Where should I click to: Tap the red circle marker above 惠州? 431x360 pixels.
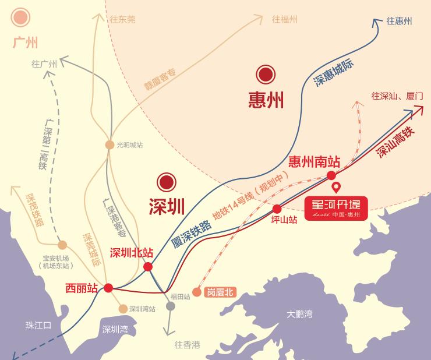point(266,75)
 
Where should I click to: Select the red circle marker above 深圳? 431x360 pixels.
point(167,182)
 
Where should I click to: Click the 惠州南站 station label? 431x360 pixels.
point(315,161)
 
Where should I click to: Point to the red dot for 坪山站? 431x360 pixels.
point(277,209)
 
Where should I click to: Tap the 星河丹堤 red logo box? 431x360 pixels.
point(336,208)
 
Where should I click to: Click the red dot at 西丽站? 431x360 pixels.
point(108,287)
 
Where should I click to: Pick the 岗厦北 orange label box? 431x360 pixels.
point(220,292)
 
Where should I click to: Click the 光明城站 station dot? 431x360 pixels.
point(109,144)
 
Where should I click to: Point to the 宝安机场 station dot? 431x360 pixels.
point(63,245)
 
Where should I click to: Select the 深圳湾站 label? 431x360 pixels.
point(142,309)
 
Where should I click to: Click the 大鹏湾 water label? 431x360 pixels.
point(299,314)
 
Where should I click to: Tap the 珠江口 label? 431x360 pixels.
point(38,325)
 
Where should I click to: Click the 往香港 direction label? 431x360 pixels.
point(187,344)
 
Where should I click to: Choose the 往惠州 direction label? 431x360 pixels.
point(399,21)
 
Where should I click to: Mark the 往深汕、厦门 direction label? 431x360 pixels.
point(397,96)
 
